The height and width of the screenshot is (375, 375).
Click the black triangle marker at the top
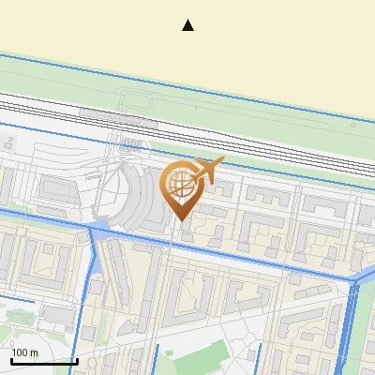[x=187, y=25]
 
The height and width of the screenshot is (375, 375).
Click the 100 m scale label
[x=24, y=352]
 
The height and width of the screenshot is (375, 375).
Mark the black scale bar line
[x=44, y=361]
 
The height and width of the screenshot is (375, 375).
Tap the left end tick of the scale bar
[x=11, y=359]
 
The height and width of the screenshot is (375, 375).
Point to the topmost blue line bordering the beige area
[x=187, y=84]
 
